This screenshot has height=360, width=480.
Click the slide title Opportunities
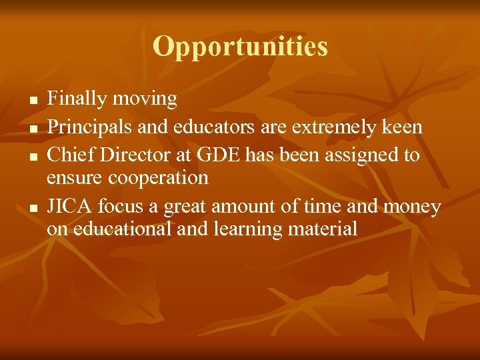click(x=240, y=47)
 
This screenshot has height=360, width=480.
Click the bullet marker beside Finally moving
click(x=32, y=100)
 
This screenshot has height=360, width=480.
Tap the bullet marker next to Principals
click(x=32, y=128)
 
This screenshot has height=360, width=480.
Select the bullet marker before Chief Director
click(x=32, y=156)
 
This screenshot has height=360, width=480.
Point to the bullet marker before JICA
click(x=32, y=209)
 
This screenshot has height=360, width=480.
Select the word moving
click(x=145, y=99)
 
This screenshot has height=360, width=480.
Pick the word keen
click(x=402, y=127)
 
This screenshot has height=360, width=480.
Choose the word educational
click(x=126, y=229)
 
